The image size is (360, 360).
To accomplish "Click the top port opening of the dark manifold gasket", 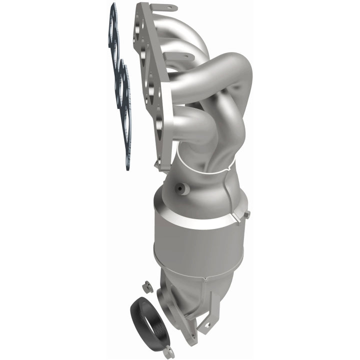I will pos(113,30).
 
